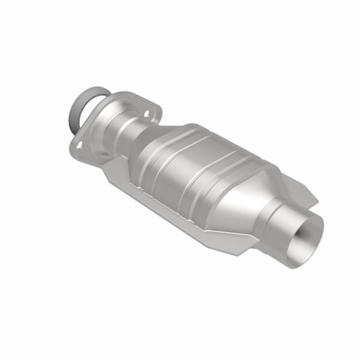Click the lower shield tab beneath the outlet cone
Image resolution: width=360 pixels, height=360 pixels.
[x=240, y=240]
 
